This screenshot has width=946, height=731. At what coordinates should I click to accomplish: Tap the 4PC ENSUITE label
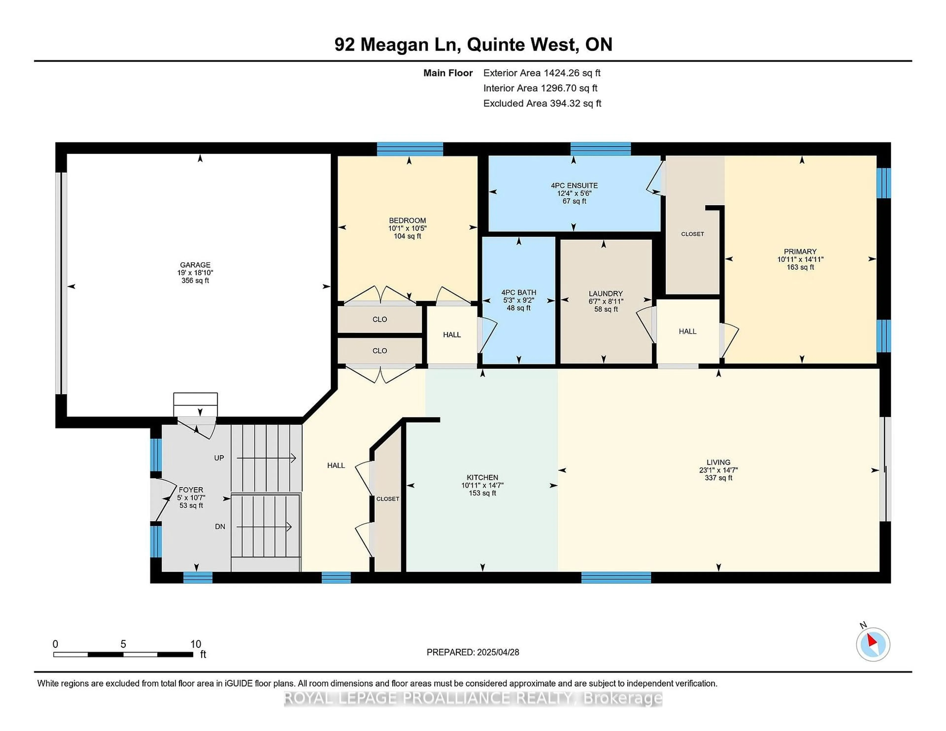coord(574,185)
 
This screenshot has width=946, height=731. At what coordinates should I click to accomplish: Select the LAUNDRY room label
coord(606,293)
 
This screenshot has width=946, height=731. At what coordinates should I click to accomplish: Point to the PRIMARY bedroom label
coord(800,252)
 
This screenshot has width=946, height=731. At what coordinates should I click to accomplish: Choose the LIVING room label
coord(718,462)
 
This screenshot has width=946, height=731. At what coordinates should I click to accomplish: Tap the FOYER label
coord(191,490)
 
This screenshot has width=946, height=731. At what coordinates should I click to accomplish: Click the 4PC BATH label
coord(519,293)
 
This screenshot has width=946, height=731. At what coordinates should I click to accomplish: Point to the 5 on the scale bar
coord(123,644)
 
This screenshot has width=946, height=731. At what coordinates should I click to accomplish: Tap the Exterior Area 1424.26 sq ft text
coord(542,73)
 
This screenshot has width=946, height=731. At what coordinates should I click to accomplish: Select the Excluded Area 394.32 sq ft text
coord(542,103)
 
